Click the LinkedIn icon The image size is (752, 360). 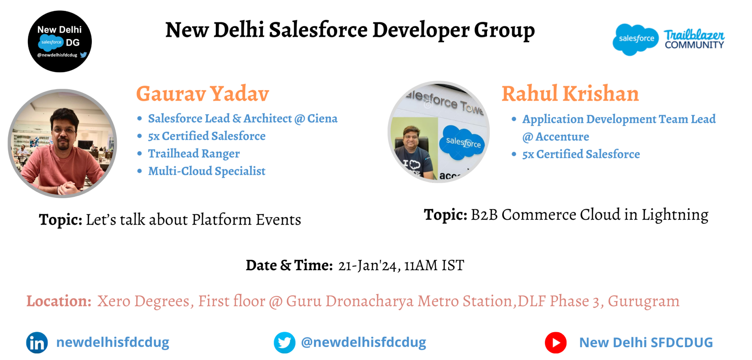click(37, 343)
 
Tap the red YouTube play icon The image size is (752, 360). click(556, 343)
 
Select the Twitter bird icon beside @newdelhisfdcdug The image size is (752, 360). click(285, 343)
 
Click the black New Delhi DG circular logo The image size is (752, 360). click(60, 41)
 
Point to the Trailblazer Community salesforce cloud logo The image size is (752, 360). click(636, 39)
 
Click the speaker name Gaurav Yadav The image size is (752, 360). click(202, 94)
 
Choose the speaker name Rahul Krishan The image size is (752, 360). click(570, 94)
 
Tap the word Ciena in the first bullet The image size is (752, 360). click(322, 119)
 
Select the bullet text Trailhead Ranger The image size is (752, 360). click(194, 153)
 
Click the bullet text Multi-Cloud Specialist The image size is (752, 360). click(206, 171)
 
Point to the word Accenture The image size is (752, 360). click(562, 137)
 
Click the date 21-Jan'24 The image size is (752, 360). click(367, 265)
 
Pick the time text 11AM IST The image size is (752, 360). click(434, 265)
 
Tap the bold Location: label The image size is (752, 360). click(59, 301)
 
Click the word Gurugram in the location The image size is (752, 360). click(643, 301)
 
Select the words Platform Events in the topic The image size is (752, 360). click(246, 220)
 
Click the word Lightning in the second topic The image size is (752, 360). click(675, 215)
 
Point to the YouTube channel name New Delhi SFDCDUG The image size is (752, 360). click(646, 343)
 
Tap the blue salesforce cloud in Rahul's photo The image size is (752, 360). click(463, 142)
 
